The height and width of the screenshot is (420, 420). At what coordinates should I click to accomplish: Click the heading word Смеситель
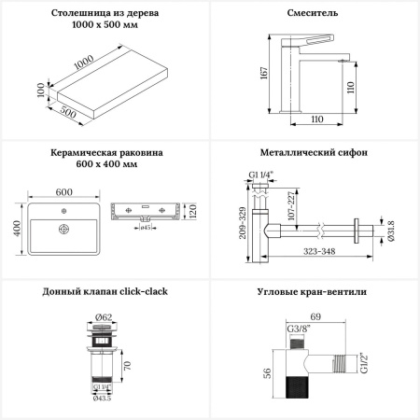click(312, 13)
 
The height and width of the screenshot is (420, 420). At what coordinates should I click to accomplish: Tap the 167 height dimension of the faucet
click(264, 73)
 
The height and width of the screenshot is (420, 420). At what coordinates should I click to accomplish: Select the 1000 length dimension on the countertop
click(84, 63)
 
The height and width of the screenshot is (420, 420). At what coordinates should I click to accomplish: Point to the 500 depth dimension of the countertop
click(68, 112)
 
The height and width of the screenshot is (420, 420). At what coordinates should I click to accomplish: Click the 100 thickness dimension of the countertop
click(41, 90)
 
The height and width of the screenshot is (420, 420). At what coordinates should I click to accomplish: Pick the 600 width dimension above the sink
click(64, 192)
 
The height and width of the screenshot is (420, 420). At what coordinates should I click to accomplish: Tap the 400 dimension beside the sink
click(17, 229)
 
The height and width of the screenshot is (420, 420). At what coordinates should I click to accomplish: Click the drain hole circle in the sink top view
click(63, 230)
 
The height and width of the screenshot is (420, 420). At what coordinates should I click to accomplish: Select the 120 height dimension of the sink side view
click(192, 211)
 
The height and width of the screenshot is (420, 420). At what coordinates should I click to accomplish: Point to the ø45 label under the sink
click(146, 228)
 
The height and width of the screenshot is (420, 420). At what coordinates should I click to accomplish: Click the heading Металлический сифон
click(314, 152)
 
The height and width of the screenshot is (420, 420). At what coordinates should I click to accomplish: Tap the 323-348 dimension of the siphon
click(319, 251)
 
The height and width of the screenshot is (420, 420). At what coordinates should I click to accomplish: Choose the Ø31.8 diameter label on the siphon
click(391, 231)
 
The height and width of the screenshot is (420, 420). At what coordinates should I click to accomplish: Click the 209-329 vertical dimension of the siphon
click(243, 223)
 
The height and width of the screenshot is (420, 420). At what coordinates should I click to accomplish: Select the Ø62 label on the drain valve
click(104, 317)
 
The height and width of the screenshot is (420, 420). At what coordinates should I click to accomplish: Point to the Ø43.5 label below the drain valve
click(102, 399)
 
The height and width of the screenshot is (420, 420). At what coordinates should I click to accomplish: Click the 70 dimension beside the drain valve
click(127, 365)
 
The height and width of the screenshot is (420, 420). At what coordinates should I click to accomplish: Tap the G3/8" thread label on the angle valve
click(299, 329)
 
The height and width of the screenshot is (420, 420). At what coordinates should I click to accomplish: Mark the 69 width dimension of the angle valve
click(315, 316)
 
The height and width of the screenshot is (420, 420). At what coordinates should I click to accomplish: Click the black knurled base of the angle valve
click(297, 387)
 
